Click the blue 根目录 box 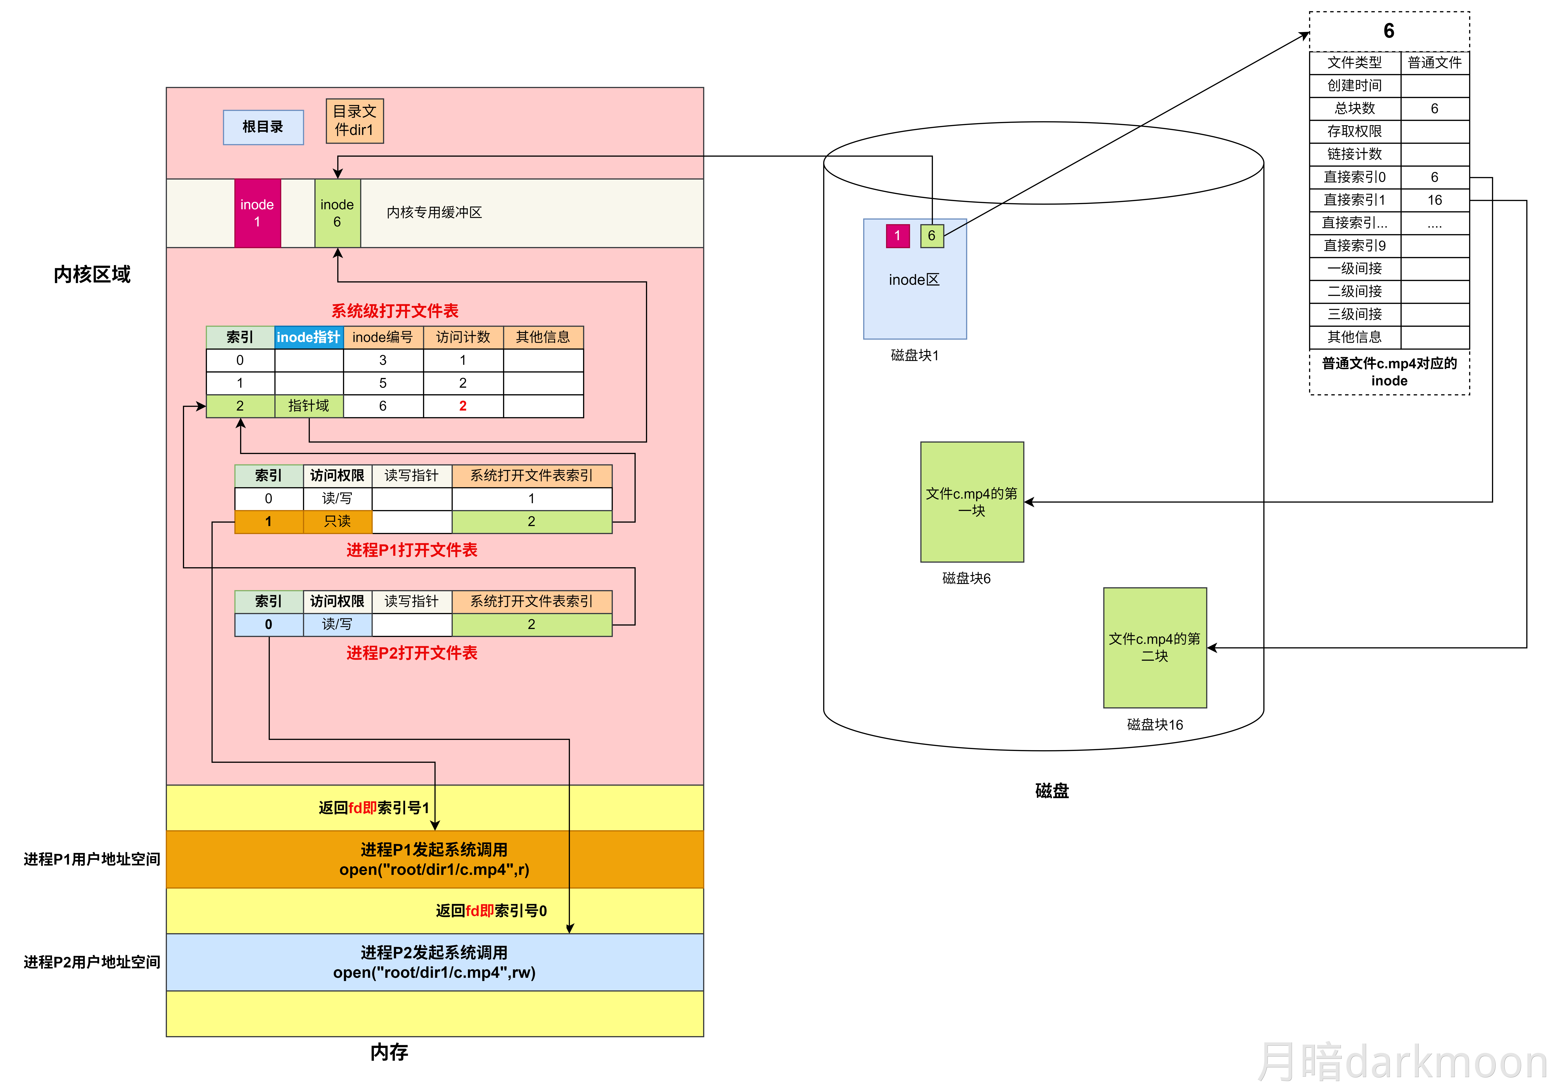tap(263, 127)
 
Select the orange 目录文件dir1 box tap(355, 121)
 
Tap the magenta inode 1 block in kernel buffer tap(257, 213)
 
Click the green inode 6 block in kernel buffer tap(337, 213)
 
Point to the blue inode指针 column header tap(309, 337)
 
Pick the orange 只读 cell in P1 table tap(337, 521)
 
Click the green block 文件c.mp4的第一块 tap(972, 502)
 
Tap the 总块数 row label tap(1354, 109)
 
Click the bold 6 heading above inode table tap(1389, 31)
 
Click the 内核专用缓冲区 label tap(434, 212)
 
